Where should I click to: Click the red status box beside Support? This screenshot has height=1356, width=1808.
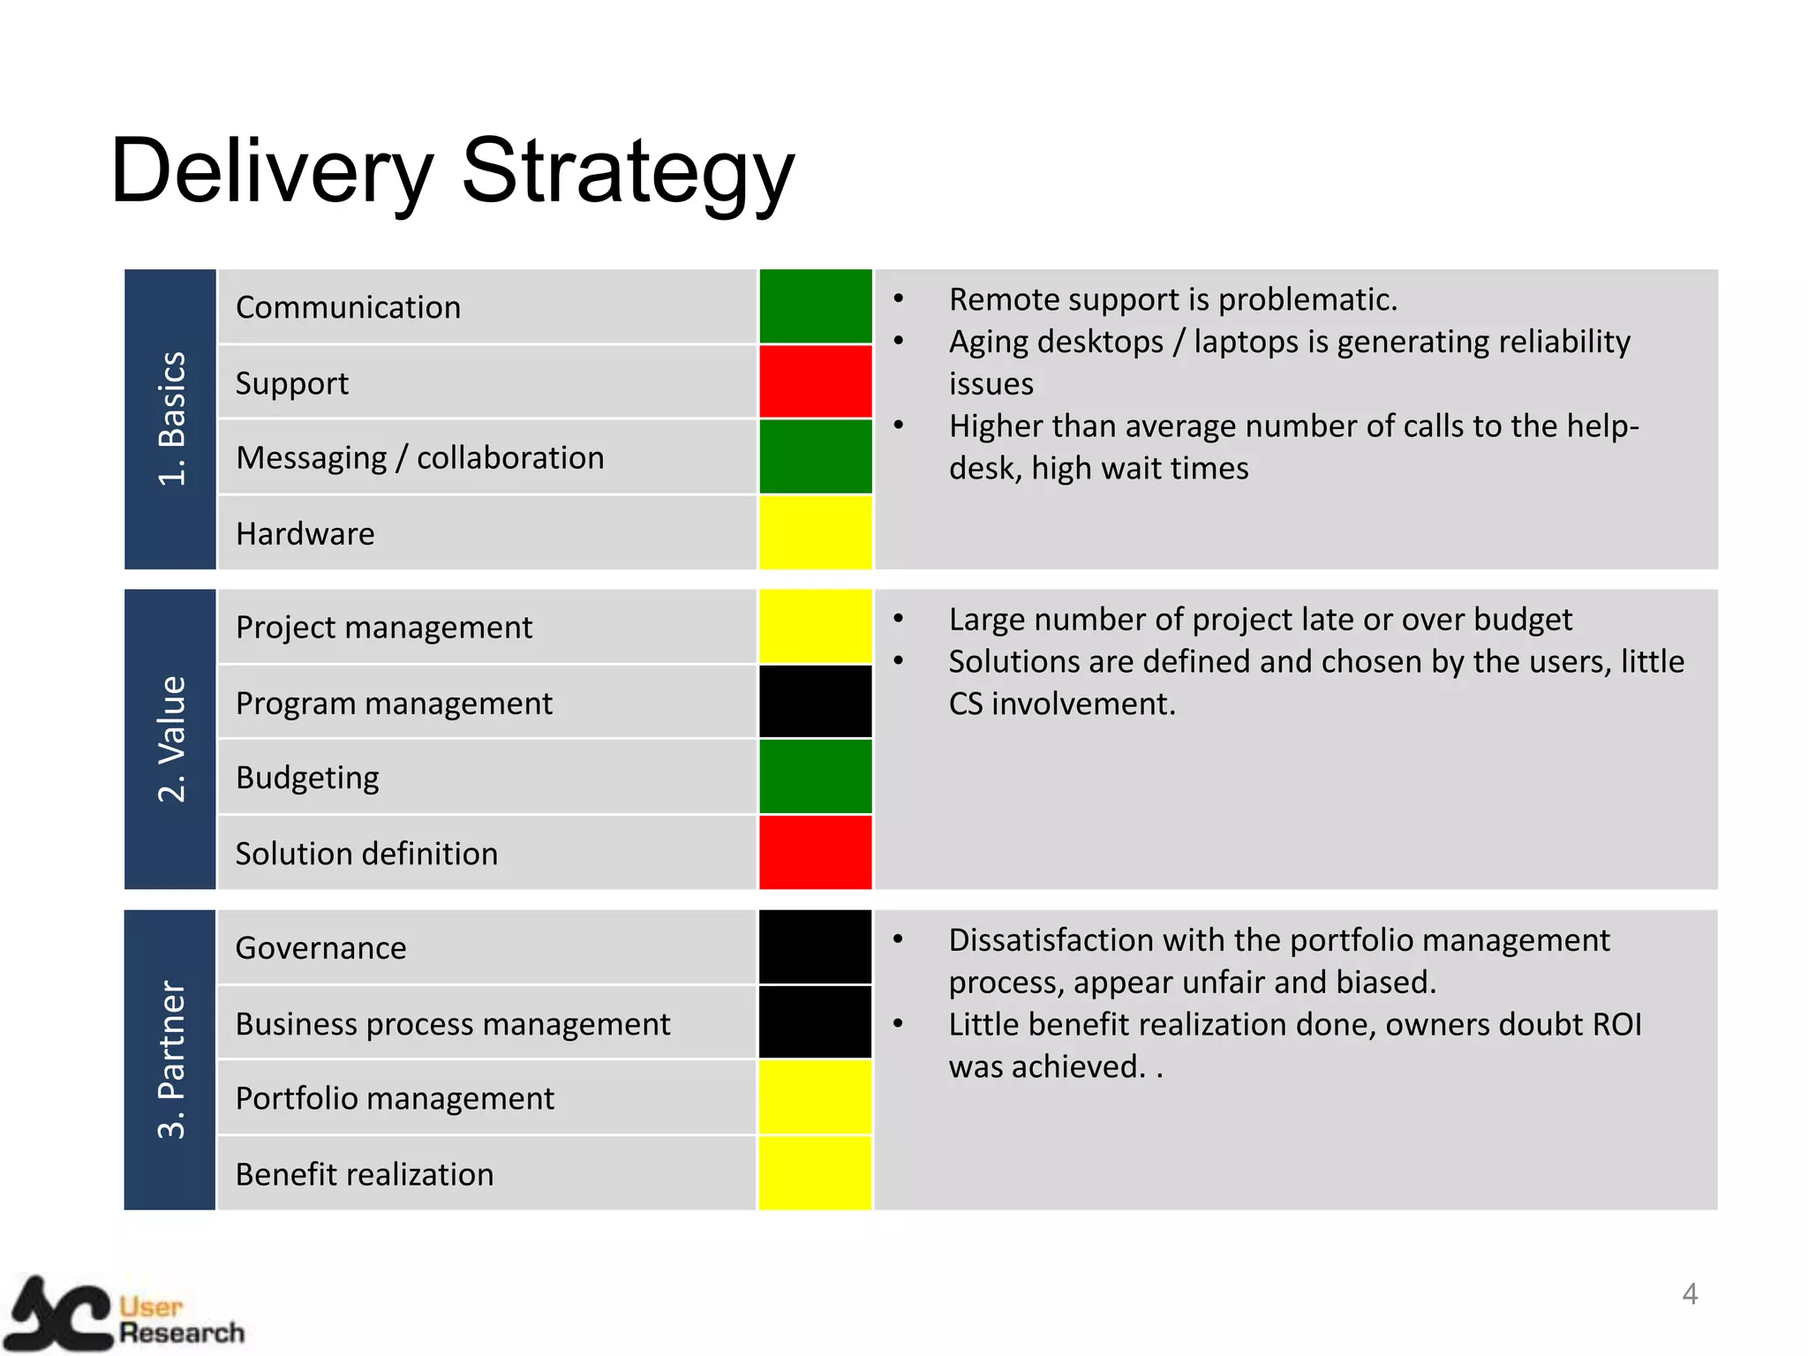[815, 381]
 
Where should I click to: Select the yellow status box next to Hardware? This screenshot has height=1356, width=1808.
[815, 532]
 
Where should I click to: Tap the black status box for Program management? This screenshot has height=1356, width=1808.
[815, 702]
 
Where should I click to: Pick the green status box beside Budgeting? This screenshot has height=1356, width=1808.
[815, 777]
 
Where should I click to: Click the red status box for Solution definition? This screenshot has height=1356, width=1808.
[815, 853]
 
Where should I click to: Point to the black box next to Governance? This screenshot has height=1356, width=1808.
[815, 946]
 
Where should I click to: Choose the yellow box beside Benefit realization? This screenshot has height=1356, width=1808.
[815, 1173]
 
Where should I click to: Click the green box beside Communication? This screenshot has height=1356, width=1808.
[815, 306]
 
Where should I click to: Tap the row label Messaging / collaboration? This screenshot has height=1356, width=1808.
[420, 458]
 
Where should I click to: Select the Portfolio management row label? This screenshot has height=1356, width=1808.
[395, 1099]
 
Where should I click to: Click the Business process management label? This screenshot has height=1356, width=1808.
[453, 1024]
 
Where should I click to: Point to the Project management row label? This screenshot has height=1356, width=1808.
[384, 628]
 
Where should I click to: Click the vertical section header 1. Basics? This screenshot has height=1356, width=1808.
[171, 419]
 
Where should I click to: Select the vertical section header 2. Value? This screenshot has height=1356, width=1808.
[171, 739]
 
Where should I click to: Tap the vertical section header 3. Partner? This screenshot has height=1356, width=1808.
[171, 1059]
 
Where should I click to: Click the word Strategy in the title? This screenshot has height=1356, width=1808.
[628, 172]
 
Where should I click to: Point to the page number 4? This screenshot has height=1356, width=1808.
[1690, 1294]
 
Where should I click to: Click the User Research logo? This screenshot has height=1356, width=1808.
[124, 1315]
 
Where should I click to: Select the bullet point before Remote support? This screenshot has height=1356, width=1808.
[899, 299]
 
